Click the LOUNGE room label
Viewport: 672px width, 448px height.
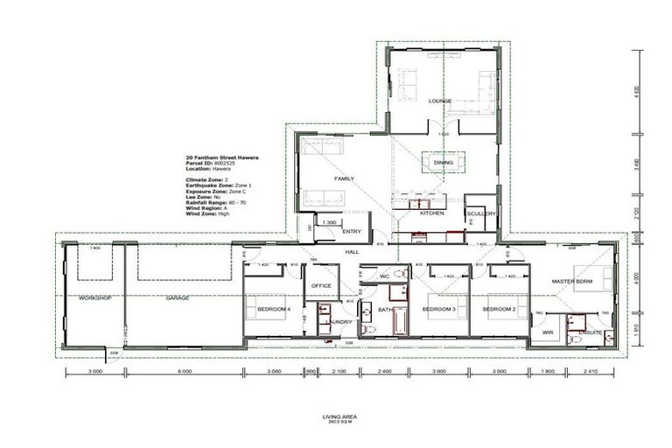click(x=439, y=101)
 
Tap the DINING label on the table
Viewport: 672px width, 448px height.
click(x=444, y=162)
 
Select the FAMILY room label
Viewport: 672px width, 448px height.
click(x=344, y=178)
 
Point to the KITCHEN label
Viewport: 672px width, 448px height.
click(x=432, y=213)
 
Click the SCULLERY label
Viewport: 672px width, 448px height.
click(x=480, y=213)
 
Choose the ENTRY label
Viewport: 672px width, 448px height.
click(x=352, y=231)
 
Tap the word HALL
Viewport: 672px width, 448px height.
click(x=352, y=251)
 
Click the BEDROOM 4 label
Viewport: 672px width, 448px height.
click(x=273, y=310)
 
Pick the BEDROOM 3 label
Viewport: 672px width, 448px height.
click(x=440, y=310)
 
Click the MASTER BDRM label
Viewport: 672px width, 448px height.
click(x=573, y=280)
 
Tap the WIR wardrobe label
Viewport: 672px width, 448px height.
click(x=548, y=332)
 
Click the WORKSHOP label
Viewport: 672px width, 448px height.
click(x=92, y=298)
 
